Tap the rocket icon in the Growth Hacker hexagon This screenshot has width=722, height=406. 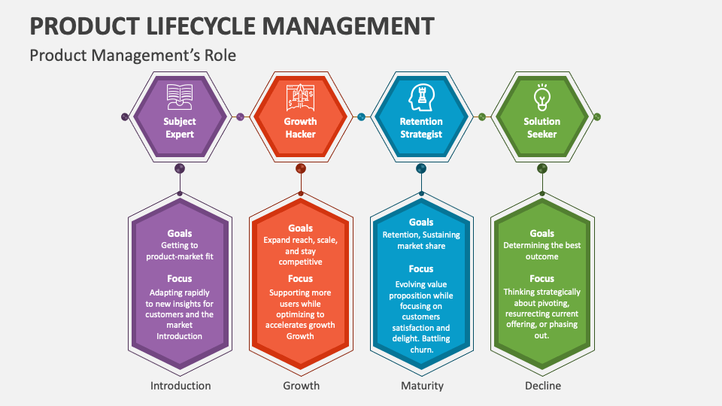[300, 96]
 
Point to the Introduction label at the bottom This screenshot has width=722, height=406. [180, 386]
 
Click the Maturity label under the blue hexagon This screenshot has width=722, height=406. [421, 386]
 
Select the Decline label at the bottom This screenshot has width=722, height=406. [541, 386]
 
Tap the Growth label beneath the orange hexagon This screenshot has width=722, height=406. [301, 386]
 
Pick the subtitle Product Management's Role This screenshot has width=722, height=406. [132, 56]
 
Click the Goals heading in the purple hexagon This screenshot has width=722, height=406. [180, 233]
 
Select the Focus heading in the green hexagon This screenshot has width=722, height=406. [541, 278]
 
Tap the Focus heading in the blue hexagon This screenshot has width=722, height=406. [421, 268]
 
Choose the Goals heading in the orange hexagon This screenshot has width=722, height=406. [301, 228]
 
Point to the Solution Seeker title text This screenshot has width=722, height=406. [541, 128]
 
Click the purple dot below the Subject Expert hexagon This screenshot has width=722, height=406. [180, 168]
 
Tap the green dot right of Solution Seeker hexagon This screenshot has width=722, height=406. [597, 117]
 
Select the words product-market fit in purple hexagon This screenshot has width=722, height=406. [180, 256]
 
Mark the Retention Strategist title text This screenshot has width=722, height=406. [421, 128]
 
